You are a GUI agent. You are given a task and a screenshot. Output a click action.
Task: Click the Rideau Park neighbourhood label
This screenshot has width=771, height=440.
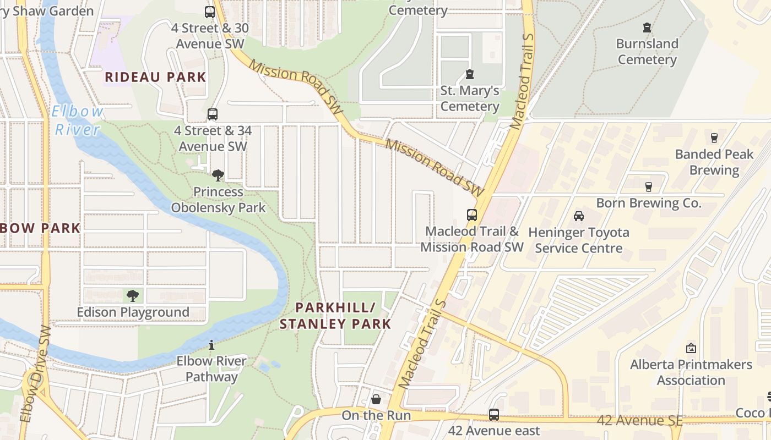coord(155,77)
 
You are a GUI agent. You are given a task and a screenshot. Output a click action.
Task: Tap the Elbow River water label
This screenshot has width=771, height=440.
coord(78,120)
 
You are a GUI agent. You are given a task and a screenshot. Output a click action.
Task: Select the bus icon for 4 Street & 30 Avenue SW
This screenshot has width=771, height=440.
coord(210,12)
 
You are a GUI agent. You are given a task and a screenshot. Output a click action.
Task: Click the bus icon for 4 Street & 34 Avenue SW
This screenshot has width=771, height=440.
coord(213,114)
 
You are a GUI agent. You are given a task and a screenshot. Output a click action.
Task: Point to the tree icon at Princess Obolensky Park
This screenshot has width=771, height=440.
coord(218,175)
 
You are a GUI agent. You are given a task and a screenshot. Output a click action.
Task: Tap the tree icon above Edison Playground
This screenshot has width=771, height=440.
coord(133,296)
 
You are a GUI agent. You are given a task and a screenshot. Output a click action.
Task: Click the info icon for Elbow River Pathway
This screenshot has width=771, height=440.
coord(211,345)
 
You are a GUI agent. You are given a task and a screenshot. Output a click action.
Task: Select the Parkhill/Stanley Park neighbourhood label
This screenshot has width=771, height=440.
coord(335,316)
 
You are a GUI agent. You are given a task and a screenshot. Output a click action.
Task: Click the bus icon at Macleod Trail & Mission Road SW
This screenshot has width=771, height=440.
coord(472,215)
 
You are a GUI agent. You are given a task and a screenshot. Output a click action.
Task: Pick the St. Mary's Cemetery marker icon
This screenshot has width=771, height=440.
coord(470,74)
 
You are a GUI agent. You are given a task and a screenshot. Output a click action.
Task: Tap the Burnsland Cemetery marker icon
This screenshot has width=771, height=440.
coord(647,28)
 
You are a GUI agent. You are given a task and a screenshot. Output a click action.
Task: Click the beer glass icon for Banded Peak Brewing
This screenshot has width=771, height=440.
coord(714,138)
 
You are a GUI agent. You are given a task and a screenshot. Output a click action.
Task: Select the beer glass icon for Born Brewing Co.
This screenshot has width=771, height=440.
coord(649,187)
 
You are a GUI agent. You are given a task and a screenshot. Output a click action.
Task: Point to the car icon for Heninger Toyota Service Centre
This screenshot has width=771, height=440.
coord(579,216)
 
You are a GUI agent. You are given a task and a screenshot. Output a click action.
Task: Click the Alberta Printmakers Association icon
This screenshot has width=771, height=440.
coord(691,348)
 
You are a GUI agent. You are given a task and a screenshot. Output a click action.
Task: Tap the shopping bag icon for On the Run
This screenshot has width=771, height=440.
coord(376,399)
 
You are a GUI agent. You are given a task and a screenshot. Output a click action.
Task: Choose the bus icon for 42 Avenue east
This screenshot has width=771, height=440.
coord(494,414)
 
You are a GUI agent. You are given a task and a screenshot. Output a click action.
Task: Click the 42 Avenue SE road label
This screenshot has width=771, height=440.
coord(640,421)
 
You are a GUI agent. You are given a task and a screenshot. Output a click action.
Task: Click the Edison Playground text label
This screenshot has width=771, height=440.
coord(133,312)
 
